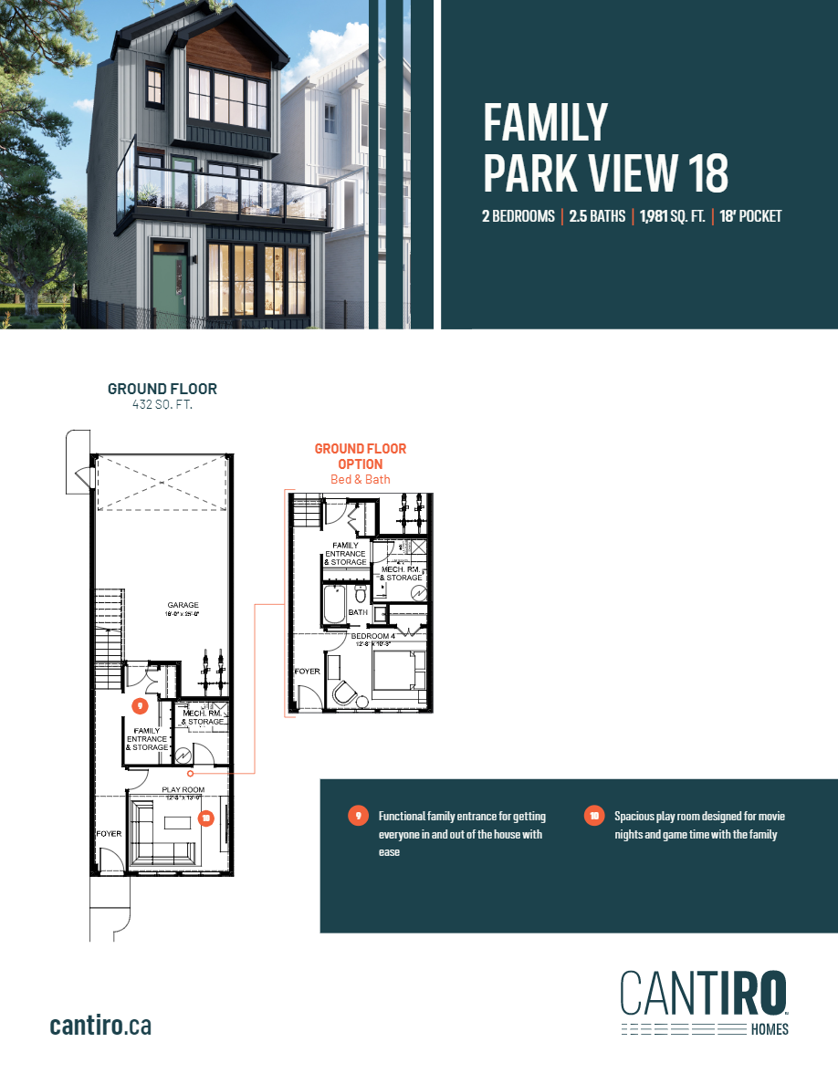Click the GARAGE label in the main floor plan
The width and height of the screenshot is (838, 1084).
tap(183, 605)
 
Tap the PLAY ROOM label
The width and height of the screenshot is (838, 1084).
tap(183, 789)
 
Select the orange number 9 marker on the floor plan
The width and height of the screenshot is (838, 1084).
tap(139, 705)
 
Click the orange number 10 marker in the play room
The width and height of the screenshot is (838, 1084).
tap(206, 818)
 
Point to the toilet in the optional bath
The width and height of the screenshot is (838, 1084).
tap(360, 598)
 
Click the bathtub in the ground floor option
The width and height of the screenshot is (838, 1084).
tap(333, 603)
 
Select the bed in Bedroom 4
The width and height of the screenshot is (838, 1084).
tap(400, 673)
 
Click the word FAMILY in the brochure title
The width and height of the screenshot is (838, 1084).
tap(545, 122)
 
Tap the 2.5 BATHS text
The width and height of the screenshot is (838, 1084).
tap(597, 217)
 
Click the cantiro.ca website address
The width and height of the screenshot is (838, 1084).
tap(100, 1025)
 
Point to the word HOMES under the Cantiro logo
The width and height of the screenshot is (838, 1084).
tap(770, 1029)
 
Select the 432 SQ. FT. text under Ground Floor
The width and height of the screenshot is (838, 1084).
tap(162, 404)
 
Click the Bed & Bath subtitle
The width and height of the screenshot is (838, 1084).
tap(360, 479)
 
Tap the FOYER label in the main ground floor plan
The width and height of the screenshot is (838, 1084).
tap(109, 834)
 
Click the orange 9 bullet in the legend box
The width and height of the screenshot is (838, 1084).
tap(358, 815)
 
